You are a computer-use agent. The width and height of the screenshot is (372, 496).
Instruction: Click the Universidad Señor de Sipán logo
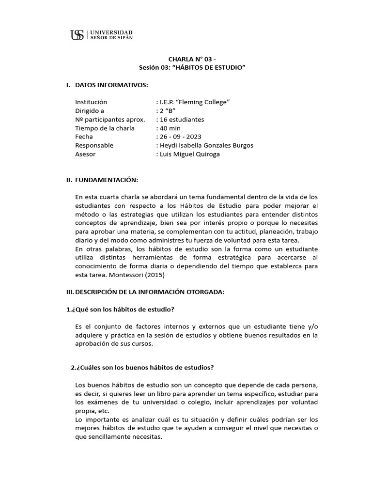point(101,34)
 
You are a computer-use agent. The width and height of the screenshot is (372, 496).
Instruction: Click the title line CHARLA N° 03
point(186,60)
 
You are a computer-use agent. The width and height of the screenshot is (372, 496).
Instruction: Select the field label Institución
point(91,102)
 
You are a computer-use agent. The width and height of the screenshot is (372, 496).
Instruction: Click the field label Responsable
point(94,145)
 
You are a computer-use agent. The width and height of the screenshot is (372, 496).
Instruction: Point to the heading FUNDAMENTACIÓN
point(106,180)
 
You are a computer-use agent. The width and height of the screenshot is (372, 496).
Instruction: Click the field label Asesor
point(85,154)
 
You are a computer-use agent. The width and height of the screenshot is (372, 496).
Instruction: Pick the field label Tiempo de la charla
point(105,128)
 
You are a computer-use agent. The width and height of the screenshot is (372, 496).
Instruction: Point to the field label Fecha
point(84,137)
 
